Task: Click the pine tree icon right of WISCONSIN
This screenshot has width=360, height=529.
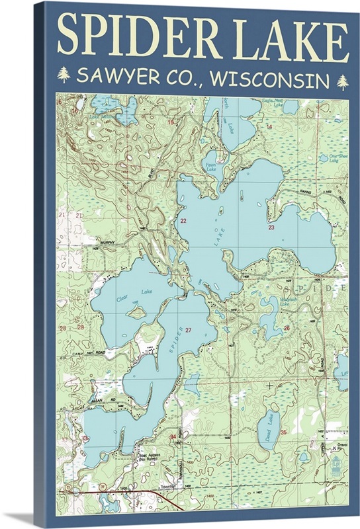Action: coord(343,81)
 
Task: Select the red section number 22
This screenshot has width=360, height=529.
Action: coord(183,220)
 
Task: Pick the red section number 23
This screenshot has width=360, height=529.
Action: coord(271,227)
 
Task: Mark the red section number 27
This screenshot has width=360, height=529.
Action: coord(189,329)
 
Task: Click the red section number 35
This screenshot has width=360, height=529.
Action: coord(283,432)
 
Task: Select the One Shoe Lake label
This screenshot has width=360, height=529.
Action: coord(329,157)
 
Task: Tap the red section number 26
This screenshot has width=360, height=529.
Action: coord(286,327)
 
